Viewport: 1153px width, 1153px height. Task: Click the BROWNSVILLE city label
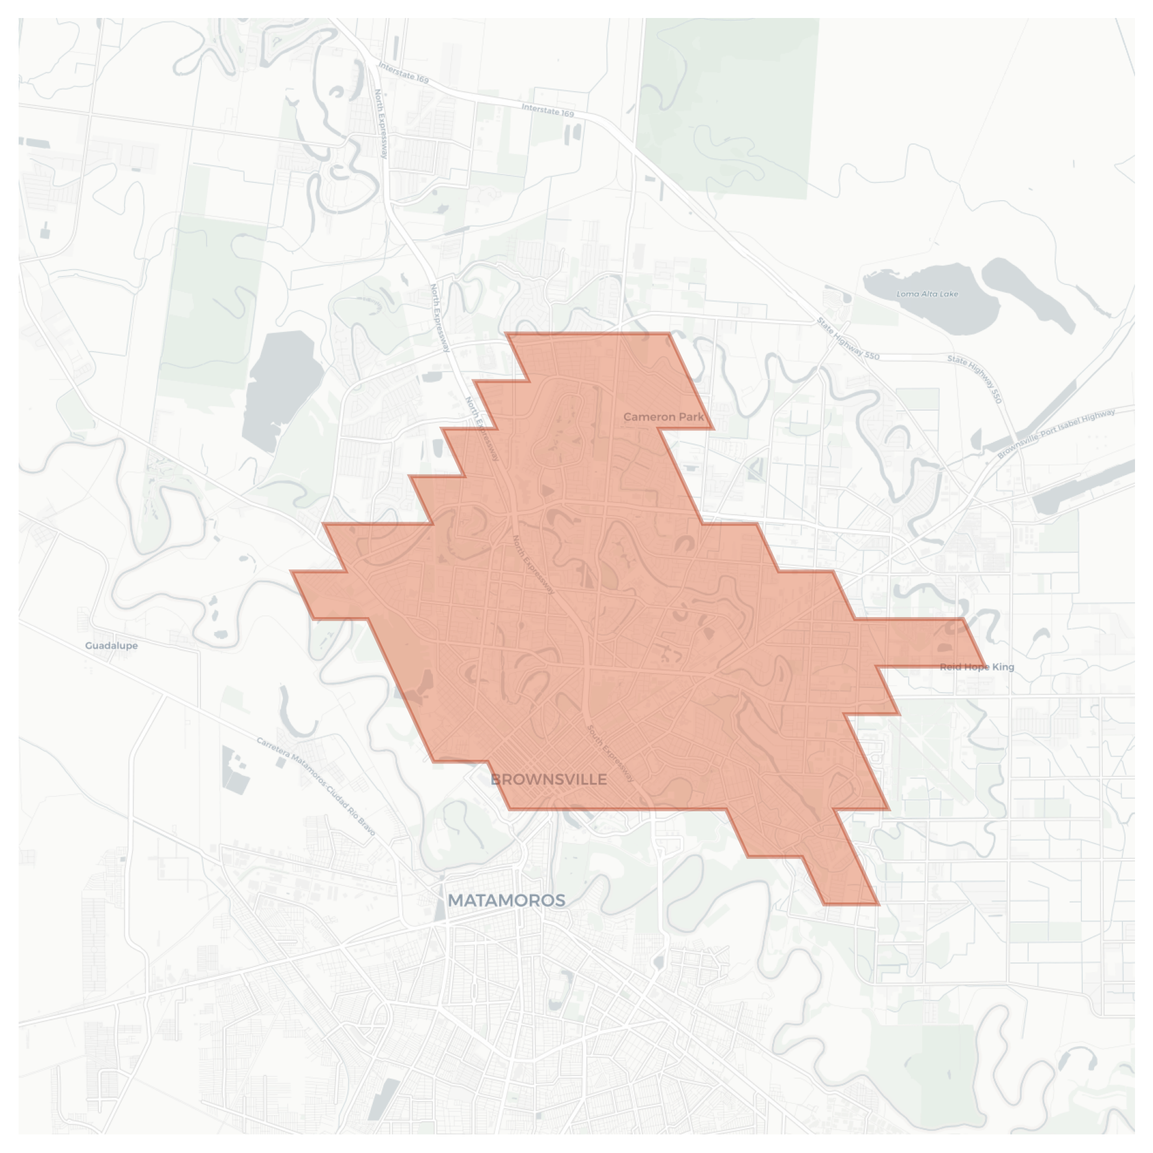548,780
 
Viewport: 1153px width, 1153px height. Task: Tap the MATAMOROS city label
506,900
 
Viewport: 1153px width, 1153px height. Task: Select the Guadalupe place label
112,646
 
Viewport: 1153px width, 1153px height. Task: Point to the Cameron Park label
664,417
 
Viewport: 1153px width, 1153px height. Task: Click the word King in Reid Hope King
1003,667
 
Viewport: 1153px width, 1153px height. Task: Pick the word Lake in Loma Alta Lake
948,294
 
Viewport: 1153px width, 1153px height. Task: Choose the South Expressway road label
610,753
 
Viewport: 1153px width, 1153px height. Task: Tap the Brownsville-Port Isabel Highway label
1056,433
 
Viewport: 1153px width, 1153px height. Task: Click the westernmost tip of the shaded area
291,572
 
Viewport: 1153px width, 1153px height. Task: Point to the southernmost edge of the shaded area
852,904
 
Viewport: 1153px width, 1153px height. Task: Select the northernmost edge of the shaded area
588,334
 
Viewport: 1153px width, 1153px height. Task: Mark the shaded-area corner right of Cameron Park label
713,429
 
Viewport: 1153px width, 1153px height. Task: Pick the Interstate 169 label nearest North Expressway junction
403,73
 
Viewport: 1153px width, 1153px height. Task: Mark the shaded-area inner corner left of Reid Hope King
876,667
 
